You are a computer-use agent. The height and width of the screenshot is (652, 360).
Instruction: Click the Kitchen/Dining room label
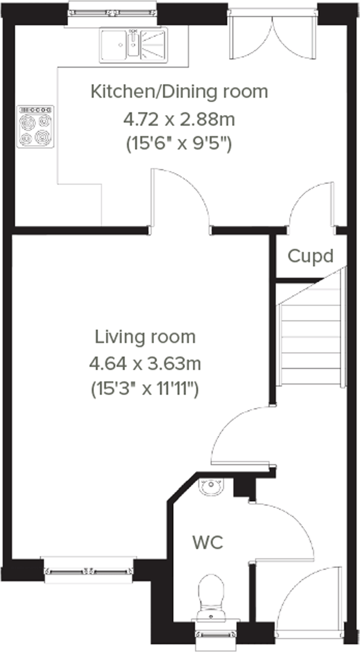tap(179, 92)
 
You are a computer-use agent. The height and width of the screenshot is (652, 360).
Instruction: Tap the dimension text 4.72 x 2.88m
tap(179, 119)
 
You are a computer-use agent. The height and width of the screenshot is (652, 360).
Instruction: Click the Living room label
tap(145, 337)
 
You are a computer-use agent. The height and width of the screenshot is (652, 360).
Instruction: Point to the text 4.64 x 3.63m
tap(145, 364)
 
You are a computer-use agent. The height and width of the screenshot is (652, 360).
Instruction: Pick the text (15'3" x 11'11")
tap(145, 389)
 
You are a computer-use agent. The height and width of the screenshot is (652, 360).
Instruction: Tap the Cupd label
tap(310, 256)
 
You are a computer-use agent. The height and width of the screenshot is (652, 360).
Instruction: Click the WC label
tap(207, 542)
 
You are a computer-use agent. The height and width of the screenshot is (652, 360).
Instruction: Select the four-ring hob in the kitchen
tap(35, 126)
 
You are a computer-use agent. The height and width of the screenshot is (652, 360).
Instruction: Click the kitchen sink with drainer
tap(134, 45)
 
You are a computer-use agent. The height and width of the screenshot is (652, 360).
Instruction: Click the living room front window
tap(88, 571)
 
